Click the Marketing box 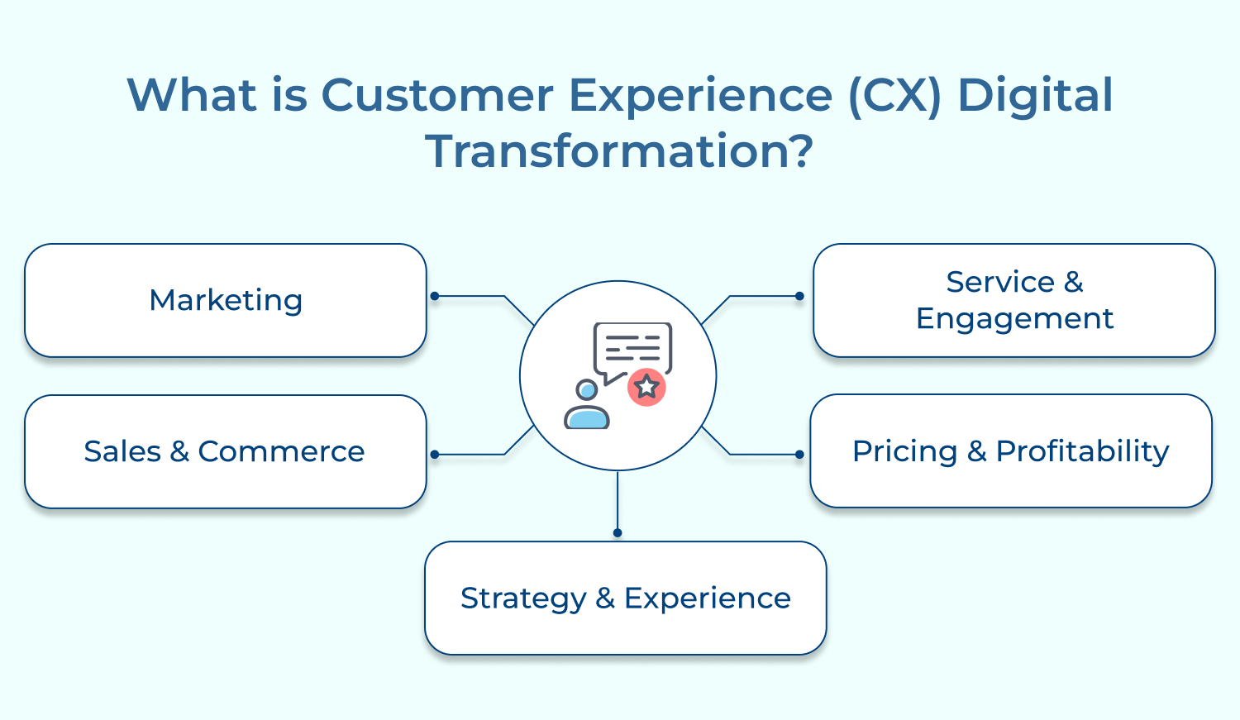226,300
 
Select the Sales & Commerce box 226,451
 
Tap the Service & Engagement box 1013,300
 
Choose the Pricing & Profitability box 1010,451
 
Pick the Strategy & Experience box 625,598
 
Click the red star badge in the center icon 646,387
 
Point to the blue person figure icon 587,405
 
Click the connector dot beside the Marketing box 435,296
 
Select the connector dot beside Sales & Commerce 435,455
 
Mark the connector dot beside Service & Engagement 799,296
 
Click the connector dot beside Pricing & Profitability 799,455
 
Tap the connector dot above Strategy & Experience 618,533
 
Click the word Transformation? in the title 619,151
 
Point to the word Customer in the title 437,95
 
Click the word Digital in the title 1035,95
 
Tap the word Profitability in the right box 1082,451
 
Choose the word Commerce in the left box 281,451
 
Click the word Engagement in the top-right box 1014,318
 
